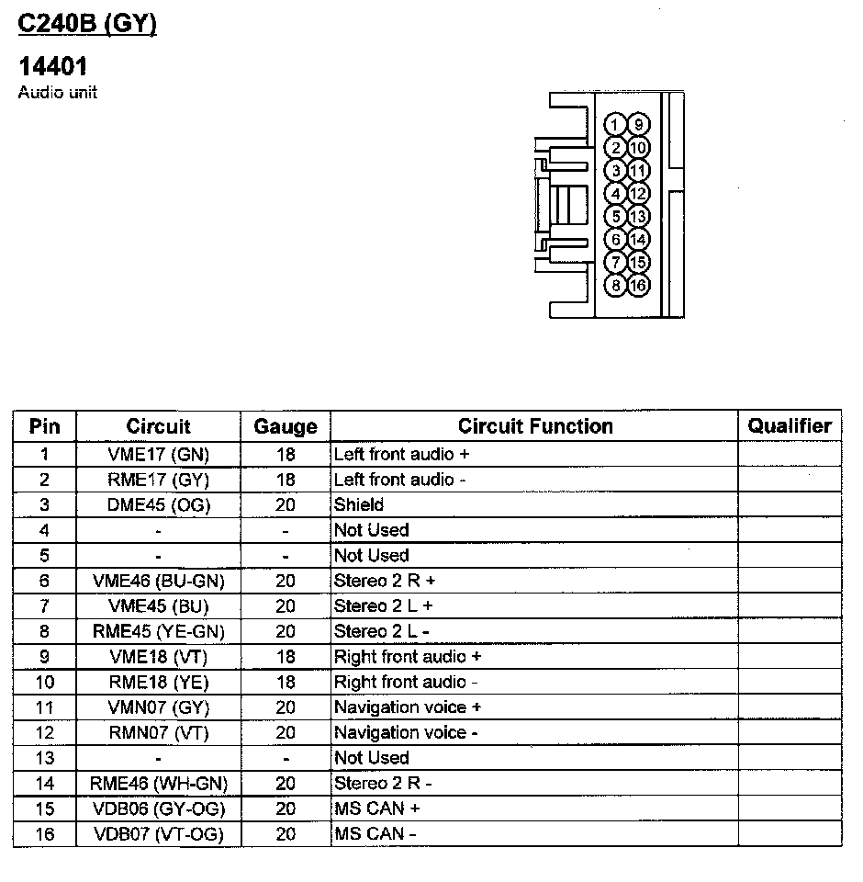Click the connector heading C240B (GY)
click(87, 24)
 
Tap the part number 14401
click(53, 67)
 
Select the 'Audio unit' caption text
click(57, 93)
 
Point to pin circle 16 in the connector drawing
click(638, 285)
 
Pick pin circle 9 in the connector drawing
click(638, 125)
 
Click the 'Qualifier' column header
click(789, 425)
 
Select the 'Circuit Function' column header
click(535, 426)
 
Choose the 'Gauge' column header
click(286, 426)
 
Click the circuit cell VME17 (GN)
click(158, 454)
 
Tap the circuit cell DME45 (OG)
click(158, 504)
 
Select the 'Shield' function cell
click(359, 504)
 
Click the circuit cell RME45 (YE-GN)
click(158, 631)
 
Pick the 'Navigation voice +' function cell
click(408, 707)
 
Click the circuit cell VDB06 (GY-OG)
click(158, 808)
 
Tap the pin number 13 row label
click(44, 758)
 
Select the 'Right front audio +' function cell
click(408, 657)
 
